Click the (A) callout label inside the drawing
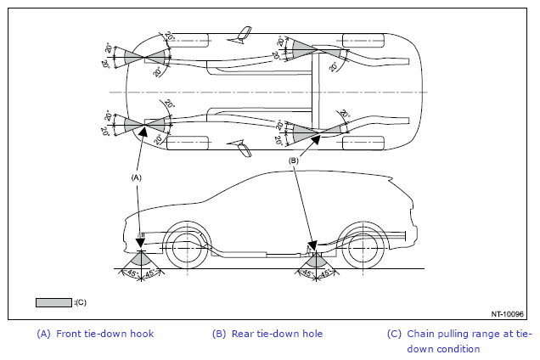(137, 177)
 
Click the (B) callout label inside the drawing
(293, 160)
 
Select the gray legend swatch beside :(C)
(53, 302)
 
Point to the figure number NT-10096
(507, 314)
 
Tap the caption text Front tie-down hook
(104, 334)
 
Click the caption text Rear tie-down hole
(277, 334)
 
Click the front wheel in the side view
(188, 248)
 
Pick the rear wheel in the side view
(363, 248)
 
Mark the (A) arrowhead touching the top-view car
(143, 132)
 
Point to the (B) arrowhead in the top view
(316, 139)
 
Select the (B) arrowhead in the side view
(312, 245)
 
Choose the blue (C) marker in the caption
(394, 334)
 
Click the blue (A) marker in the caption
(44, 334)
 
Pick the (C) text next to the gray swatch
(81, 302)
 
